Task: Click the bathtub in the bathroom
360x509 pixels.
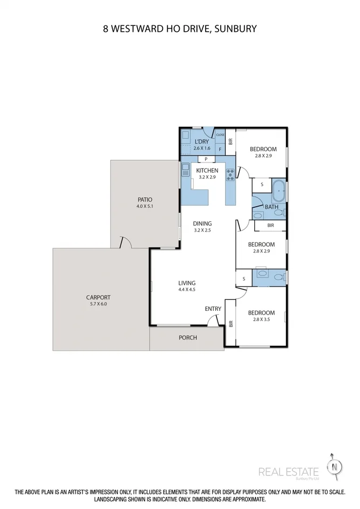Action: pos(279,191)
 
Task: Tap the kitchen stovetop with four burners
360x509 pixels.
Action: pos(230,174)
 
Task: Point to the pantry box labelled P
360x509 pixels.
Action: pos(206,159)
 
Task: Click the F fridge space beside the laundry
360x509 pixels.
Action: pos(220,149)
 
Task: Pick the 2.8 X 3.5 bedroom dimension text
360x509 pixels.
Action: pos(262,320)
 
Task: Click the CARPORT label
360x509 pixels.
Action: pos(98,297)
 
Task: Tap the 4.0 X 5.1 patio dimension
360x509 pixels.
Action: pos(145,206)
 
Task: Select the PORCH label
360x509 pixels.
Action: pos(188,338)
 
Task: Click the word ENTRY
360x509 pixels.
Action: pos(213,309)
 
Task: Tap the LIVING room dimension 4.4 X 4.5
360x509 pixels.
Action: pos(187,289)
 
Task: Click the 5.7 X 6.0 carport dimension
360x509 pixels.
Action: pos(98,304)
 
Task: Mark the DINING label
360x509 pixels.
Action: pos(203,223)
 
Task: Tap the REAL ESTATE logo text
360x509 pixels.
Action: pos(288,472)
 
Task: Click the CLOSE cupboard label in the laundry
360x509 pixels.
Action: pos(220,135)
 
